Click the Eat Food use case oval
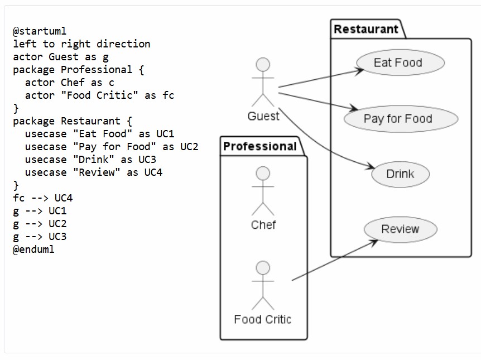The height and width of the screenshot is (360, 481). click(x=398, y=63)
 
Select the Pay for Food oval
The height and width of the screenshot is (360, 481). click(x=400, y=118)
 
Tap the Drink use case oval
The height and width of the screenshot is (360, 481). click(x=400, y=174)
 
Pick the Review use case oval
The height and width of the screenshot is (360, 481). click(x=400, y=229)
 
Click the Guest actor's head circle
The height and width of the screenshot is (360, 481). click(x=263, y=65)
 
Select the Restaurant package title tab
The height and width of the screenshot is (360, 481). click(x=366, y=29)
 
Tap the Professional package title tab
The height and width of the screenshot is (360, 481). click(x=260, y=146)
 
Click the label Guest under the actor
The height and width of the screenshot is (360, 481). click(x=263, y=116)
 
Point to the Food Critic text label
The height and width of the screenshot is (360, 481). click(x=263, y=320)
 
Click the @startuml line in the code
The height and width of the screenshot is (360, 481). click(x=40, y=31)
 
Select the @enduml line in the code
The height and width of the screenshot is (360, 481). click(x=33, y=249)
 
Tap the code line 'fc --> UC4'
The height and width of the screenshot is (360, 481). click(x=43, y=198)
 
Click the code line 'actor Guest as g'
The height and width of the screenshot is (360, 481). click(x=61, y=57)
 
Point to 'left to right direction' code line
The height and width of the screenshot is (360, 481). click(x=81, y=44)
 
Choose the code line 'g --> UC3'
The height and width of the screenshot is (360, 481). click(x=40, y=237)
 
